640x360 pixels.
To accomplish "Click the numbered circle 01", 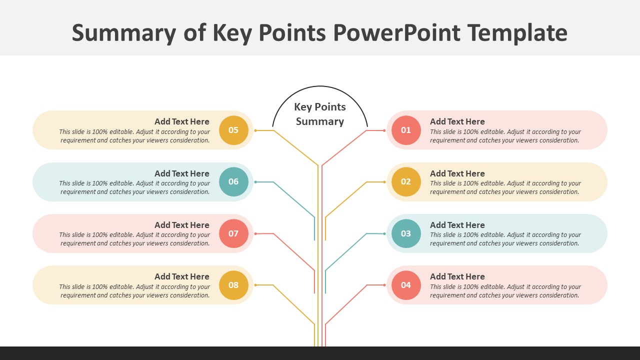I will [406, 130].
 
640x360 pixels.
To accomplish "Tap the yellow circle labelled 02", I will [406, 182].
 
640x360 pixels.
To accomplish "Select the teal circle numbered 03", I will [406, 233].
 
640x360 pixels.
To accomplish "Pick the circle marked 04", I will [406, 285].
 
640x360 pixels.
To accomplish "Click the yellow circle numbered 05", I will [233, 130].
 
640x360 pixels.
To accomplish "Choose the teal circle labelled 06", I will [233, 182].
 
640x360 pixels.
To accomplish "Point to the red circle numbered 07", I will [233, 233].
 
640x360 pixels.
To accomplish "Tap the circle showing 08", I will [233, 285].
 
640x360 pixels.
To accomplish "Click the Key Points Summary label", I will [320, 114].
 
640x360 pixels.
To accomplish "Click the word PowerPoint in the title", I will [396, 33].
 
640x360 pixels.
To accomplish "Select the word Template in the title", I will [517, 33].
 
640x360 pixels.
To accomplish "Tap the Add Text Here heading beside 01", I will [457, 121].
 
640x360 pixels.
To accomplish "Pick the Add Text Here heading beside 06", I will [182, 173].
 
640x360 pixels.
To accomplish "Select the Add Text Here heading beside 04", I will [457, 276].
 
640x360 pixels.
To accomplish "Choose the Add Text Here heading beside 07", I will [182, 225].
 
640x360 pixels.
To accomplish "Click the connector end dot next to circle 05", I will [255, 130].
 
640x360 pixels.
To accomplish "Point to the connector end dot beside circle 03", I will [384, 233].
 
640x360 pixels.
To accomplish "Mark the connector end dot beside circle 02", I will [384, 182].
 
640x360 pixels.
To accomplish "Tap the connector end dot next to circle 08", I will [255, 285].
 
